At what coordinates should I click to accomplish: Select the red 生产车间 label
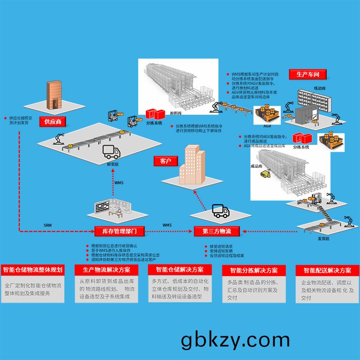[x=310, y=74]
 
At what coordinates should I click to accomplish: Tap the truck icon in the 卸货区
[x=112, y=153]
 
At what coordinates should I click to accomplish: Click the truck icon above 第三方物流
[x=220, y=211]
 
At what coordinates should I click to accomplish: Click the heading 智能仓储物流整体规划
[x=32, y=270]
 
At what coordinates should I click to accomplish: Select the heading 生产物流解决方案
[x=106, y=270]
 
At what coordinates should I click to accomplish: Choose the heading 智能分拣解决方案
[x=254, y=270]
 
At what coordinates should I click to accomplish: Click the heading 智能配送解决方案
[x=327, y=270]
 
